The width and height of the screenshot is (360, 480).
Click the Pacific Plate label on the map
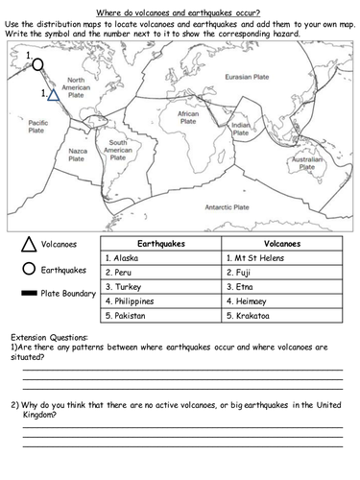[38, 127]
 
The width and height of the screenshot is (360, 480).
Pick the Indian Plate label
[241, 128]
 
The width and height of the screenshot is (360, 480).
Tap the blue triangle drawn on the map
[55, 94]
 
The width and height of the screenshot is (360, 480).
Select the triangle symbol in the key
[28, 245]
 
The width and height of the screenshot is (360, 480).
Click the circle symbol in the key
[28, 270]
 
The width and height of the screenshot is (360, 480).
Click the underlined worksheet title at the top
[181, 10]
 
